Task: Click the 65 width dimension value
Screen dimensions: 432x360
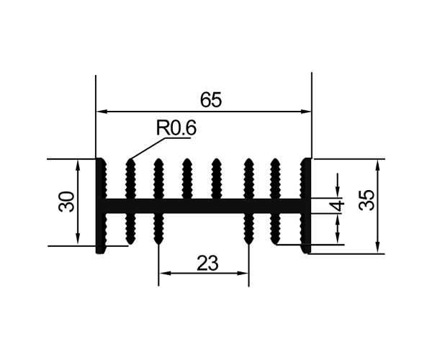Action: pyautogui.click(x=211, y=99)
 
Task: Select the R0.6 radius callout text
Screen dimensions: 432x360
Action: pyautogui.click(x=176, y=128)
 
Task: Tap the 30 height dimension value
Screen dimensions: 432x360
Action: pyautogui.click(x=67, y=202)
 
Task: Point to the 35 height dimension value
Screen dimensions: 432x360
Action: pyautogui.click(x=367, y=200)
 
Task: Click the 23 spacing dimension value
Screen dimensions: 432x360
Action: pyautogui.click(x=207, y=263)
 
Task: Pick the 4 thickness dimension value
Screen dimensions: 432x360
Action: pyautogui.click(x=341, y=205)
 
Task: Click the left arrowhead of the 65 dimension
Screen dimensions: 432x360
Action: pyautogui.click(x=101, y=112)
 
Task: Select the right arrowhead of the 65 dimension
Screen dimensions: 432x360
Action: pyautogui.click(x=306, y=112)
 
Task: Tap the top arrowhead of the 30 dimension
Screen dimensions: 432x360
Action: pyautogui.click(x=78, y=165)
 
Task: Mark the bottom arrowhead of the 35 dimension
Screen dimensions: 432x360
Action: pyautogui.click(x=378, y=248)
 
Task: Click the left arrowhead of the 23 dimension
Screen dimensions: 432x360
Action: pyautogui.click(x=164, y=273)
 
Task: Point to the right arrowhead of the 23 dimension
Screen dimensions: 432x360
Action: pyautogui.click(x=243, y=273)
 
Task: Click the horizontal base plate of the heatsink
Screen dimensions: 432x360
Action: pyautogui.click(x=204, y=206)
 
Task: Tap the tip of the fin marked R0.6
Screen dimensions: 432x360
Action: pyautogui.click(x=130, y=159)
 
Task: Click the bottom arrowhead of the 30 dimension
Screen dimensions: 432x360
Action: pyautogui.click(x=78, y=240)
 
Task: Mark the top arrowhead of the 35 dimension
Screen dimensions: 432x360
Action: pyautogui.click(x=378, y=165)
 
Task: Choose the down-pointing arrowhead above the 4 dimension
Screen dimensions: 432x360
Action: pyautogui.click(x=338, y=192)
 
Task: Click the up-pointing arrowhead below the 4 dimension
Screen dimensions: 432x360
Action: pyautogui.click(x=338, y=219)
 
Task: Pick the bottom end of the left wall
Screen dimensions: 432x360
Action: pyautogui.click(x=100, y=253)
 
